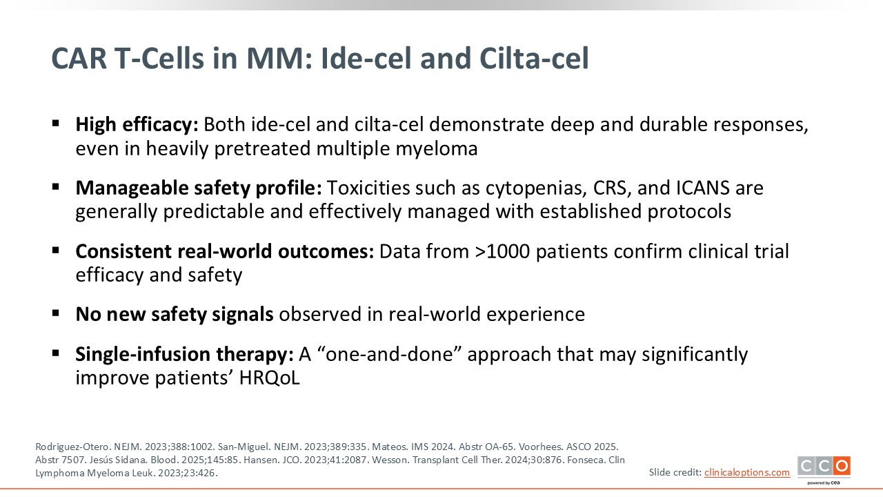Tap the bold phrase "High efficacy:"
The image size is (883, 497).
(137, 125)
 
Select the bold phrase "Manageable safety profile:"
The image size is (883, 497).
(199, 188)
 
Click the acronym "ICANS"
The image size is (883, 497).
(703, 188)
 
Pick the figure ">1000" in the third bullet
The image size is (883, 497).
(502, 251)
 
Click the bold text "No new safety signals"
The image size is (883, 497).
(175, 314)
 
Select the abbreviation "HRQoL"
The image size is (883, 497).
(269, 378)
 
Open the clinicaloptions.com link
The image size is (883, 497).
(747, 473)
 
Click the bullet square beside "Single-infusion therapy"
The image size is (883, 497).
(56, 353)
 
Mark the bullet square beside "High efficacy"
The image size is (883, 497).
(56, 124)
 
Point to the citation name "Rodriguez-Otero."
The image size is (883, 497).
(73, 447)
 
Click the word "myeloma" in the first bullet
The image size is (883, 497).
(437, 149)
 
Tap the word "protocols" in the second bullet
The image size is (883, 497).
(689, 212)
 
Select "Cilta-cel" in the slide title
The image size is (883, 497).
(534, 59)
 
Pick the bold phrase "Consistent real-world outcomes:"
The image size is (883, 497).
(225, 251)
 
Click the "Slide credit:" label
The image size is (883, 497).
(675, 473)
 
